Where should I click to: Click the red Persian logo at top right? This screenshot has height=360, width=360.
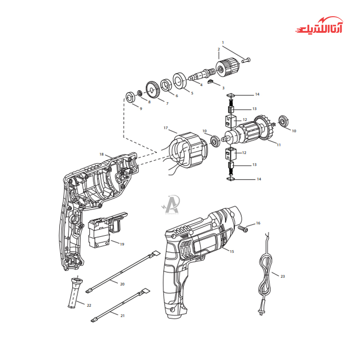click(319, 25)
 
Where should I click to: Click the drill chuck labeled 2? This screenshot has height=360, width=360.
click(228, 67)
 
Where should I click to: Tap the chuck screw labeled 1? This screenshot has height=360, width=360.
click(246, 60)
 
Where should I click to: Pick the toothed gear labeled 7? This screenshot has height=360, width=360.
click(153, 90)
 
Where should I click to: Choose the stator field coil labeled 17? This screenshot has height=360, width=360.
click(187, 150)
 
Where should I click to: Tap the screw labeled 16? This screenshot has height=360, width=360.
click(243, 229)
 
